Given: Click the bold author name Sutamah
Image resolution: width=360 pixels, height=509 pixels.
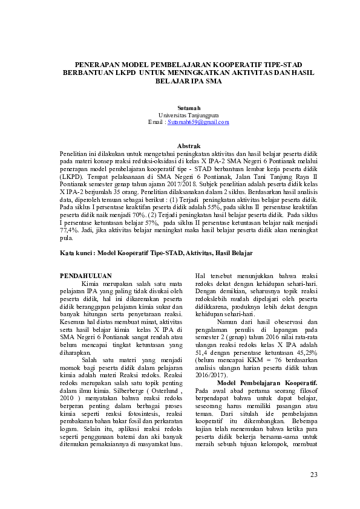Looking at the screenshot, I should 180,108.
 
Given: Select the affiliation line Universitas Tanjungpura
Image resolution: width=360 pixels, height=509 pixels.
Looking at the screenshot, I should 180,115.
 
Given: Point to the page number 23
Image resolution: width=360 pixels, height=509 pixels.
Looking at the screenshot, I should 313,474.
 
